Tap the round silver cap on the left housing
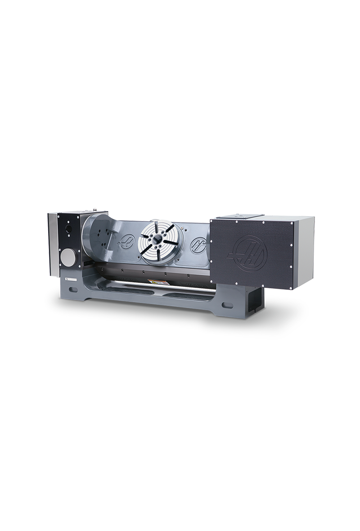pyautogui.click(x=68, y=258)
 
